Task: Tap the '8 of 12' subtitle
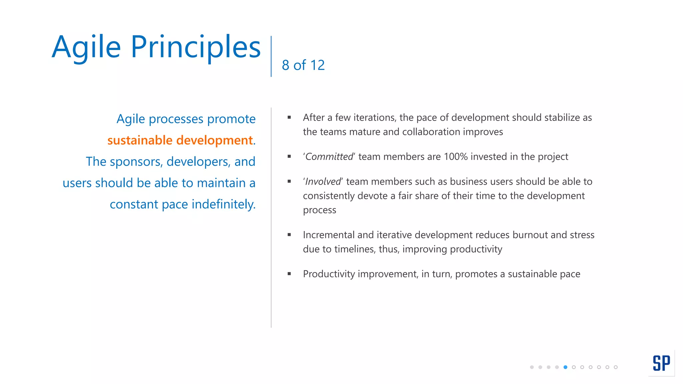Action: [303, 65]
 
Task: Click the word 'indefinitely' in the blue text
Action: [223, 204]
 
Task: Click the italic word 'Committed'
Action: [329, 157]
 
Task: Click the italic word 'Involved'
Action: [323, 182]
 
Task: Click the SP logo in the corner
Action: [661, 363]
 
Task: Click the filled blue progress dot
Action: [565, 367]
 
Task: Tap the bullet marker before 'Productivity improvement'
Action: [289, 274]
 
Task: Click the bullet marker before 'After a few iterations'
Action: [289, 117]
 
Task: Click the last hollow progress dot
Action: [616, 367]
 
